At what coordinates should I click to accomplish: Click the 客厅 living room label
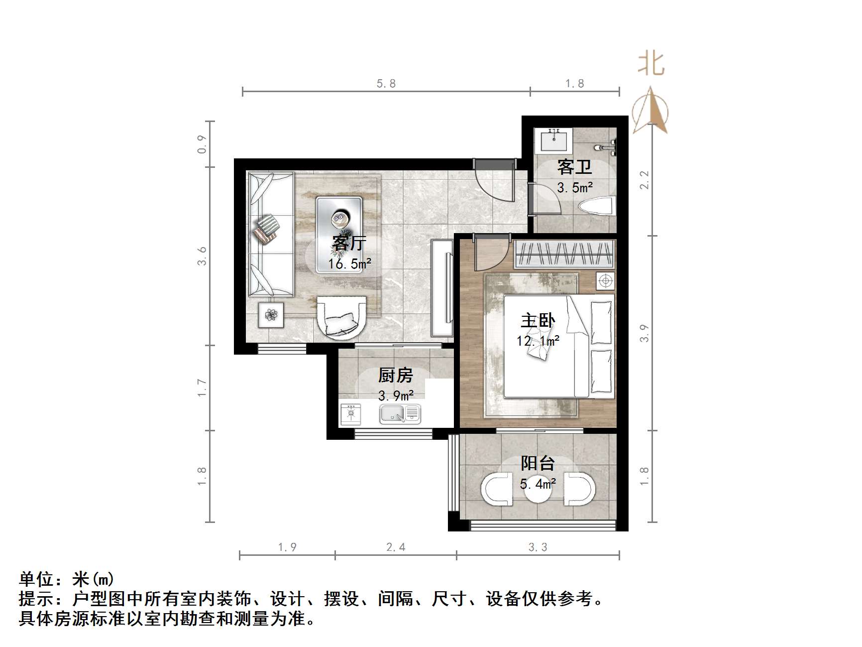click(x=349, y=243)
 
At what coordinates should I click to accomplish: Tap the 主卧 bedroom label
click(x=538, y=320)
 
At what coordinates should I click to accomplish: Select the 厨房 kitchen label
click(x=396, y=375)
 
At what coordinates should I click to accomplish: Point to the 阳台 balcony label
click(x=538, y=463)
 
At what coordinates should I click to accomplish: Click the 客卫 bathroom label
click(x=574, y=167)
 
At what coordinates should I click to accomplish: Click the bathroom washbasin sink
click(x=553, y=139)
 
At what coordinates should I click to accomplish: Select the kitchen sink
click(x=400, y=413)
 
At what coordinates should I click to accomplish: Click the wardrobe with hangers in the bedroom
click(x=564, y=253)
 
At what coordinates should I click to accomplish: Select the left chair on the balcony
click(x=496, y=489)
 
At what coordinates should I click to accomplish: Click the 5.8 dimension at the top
click(x=386, y=84)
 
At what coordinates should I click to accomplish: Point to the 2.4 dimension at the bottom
click(x=396, y=547)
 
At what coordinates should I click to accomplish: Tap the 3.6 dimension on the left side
click(x=202, y=256)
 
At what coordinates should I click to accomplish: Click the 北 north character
click(x=651, y=64)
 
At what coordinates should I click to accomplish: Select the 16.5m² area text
click(x=349, y=263)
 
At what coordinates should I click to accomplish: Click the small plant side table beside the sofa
click(x=271, y=315)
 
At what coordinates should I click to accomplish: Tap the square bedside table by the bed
click(x=605, y=281)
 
